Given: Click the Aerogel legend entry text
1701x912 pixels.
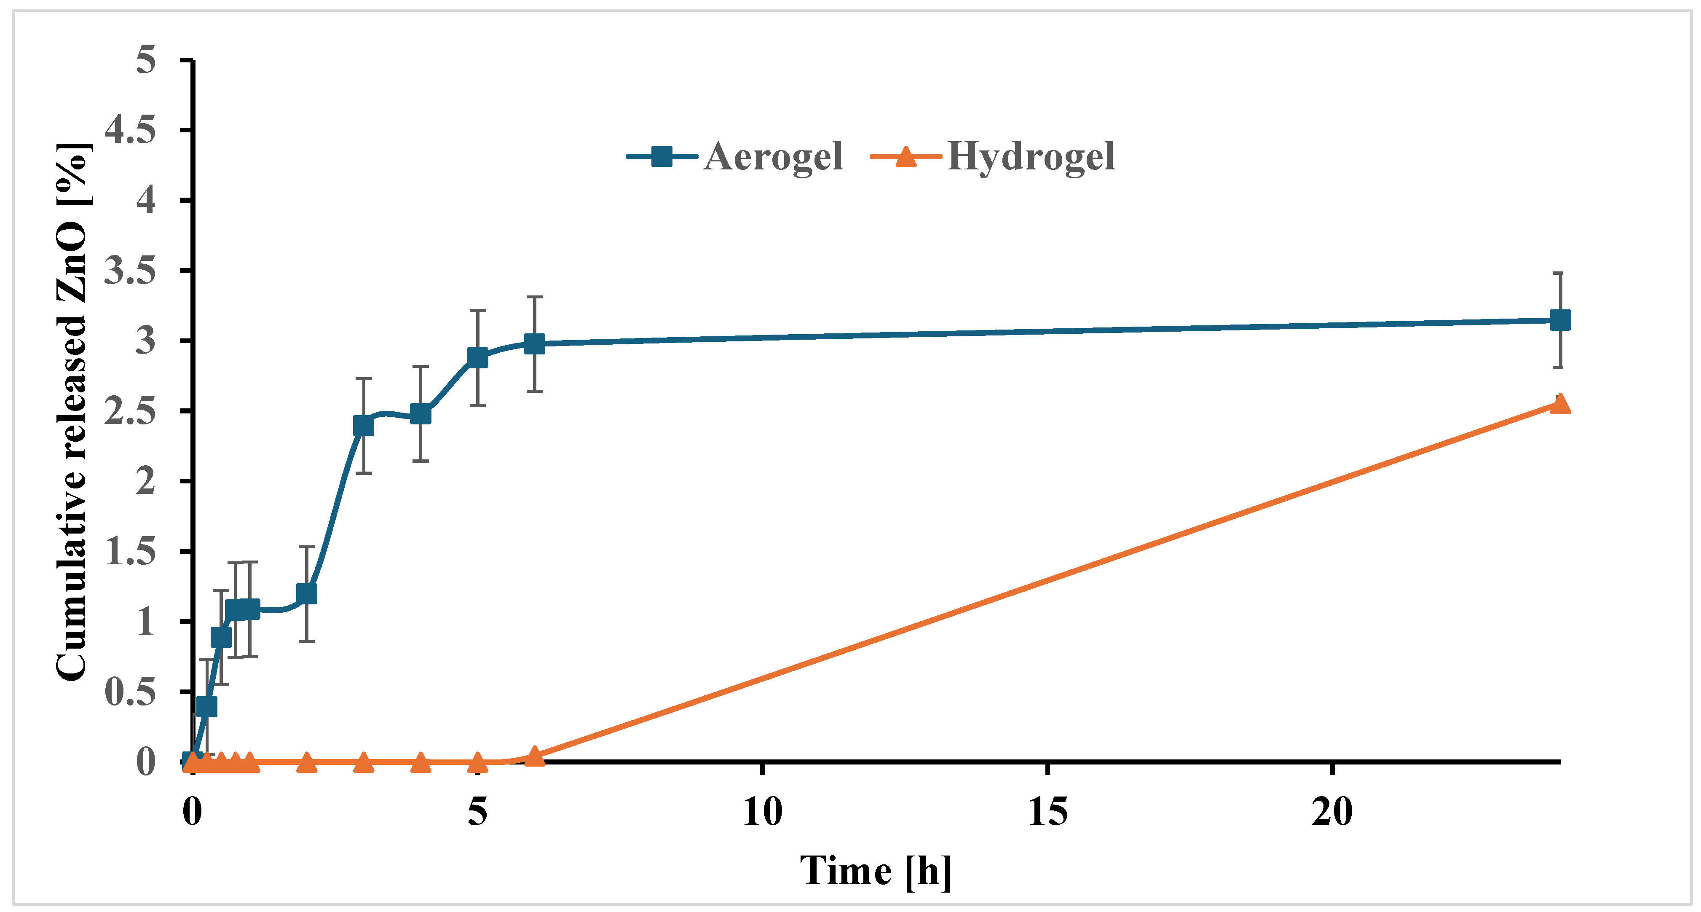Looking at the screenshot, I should [x=773, y=157].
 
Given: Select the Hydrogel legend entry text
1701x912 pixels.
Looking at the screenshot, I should [x=1031, y=157].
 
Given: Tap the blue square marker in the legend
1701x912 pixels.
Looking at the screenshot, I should [x=662, y=156].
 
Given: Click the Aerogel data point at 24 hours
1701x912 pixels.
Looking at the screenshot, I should [x=1560, y=320].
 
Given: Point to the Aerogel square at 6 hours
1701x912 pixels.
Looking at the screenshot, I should [x=534, y=343].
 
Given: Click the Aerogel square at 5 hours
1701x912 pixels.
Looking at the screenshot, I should [x=477, y=357].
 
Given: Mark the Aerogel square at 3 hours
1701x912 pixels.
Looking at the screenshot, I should [x=363, y=426].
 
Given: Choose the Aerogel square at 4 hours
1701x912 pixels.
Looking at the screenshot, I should [x=421, y=414].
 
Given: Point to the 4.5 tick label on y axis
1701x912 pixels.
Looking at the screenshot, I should [x=131, y=129].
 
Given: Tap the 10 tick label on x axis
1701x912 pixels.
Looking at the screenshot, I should [x=762, y=812].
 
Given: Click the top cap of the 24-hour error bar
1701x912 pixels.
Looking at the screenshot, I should [x=1560, y=273].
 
